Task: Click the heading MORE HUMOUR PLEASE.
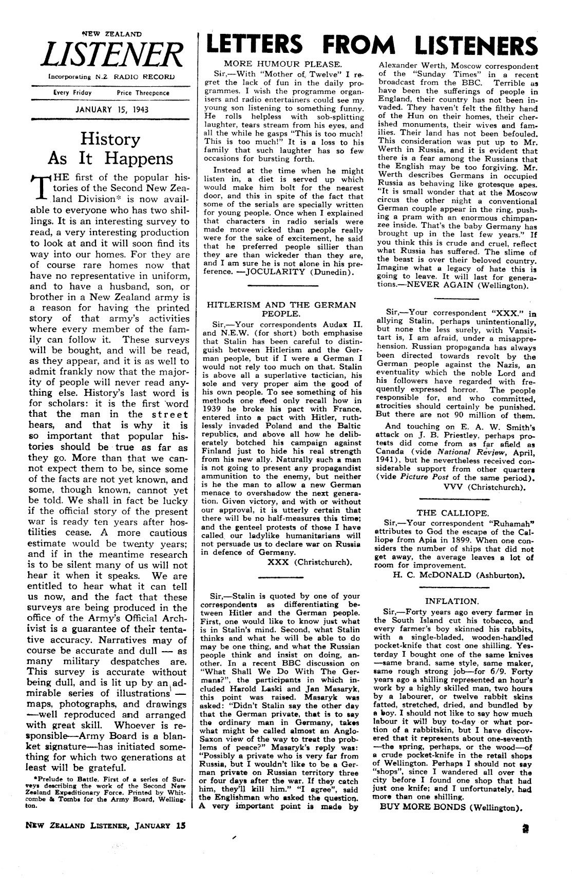click(283, 64)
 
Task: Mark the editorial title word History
click(110, 139)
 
